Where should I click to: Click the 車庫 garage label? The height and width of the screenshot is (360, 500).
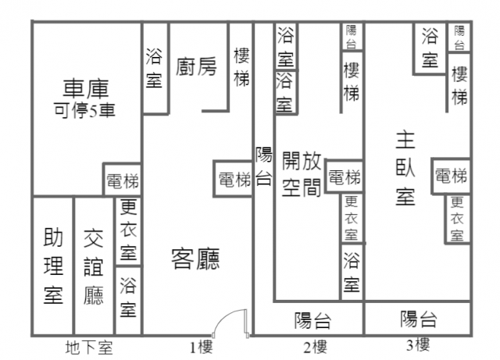[x=86, y=89]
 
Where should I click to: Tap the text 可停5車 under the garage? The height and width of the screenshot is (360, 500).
[x=84, y=110]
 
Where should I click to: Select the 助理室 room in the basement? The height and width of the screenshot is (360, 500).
[x=53, y=266]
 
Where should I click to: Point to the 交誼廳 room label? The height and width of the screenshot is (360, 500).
[x=94, y=267]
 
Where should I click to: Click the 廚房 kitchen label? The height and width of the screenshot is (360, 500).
[x=196, y=66]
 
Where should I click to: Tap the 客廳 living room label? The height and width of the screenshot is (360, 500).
[x=195, y=259]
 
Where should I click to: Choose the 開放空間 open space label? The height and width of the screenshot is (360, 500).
[x=302, y=174]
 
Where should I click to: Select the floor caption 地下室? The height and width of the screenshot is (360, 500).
[x=89, y=348]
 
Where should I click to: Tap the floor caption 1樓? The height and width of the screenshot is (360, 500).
[x=202, y=348]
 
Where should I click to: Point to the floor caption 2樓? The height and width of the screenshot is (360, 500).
[x=315, y=348]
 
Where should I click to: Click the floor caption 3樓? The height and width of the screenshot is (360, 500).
[x=418, y=345]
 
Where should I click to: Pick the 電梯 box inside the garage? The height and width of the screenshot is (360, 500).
[x=123, y=180]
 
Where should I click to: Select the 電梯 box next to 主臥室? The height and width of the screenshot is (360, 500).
[x=451, y=176]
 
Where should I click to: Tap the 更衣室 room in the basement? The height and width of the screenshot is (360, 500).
[x=128, y=230]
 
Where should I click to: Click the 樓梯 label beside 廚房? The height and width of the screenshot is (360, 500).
[x=241, y=67]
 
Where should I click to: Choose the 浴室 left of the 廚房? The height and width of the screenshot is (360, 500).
[x=154, y=68]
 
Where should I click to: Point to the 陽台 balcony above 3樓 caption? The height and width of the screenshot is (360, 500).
[x=418, y=319]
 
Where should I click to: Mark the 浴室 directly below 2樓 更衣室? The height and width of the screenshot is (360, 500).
[x=352, y=272]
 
